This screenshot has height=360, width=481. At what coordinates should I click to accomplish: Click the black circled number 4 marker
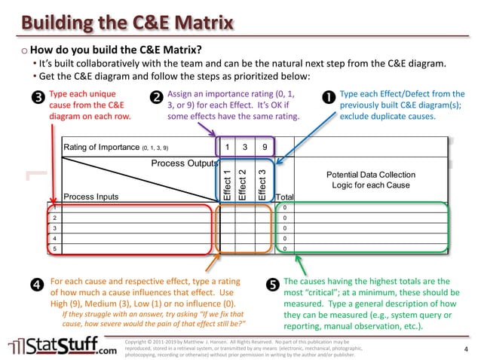[x=36, y=285]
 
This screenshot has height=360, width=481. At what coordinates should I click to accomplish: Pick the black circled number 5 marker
[x=272, y=285]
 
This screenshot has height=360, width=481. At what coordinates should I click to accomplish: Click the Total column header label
[x=286, y=197]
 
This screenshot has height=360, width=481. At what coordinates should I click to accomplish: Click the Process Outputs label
[x=185, y=163]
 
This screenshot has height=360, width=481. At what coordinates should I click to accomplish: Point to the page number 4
[x=465, y=350]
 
